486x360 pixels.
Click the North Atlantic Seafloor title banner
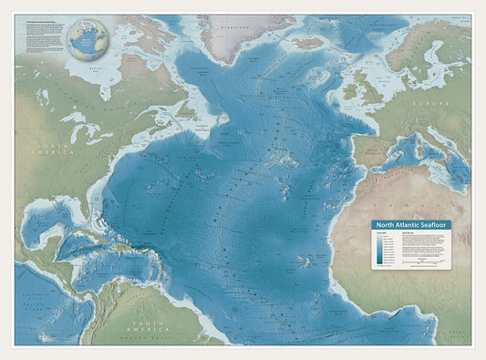click(x=410, y=224)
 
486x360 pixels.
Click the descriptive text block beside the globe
click(x=43, y=41)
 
